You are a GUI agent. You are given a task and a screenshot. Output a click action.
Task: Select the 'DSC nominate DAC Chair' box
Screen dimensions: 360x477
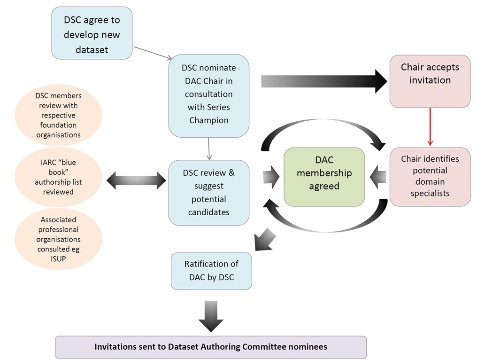pos(209,95)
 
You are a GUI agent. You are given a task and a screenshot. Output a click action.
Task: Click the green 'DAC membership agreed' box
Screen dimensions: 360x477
pos(324,177)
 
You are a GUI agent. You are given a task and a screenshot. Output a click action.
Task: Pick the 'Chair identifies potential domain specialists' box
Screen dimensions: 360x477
pos(430,177)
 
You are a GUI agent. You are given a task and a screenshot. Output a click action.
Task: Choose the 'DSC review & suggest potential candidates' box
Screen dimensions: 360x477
pos(209,193)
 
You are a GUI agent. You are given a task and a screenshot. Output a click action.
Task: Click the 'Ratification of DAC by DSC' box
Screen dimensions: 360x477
pos(212,271)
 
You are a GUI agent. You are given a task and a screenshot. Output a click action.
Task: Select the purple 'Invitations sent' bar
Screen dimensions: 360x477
pos(211,347)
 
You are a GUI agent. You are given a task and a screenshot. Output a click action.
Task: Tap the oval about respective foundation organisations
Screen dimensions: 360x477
pos(58,116)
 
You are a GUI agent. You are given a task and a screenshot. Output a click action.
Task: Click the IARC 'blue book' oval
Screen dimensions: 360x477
pos(58,177)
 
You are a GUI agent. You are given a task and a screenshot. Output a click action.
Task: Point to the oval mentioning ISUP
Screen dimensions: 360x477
pos(58,239)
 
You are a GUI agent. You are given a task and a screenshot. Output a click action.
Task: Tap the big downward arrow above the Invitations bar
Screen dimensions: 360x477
pos(211,316)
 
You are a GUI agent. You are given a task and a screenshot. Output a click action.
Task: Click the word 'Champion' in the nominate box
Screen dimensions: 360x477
pos(209,120)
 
